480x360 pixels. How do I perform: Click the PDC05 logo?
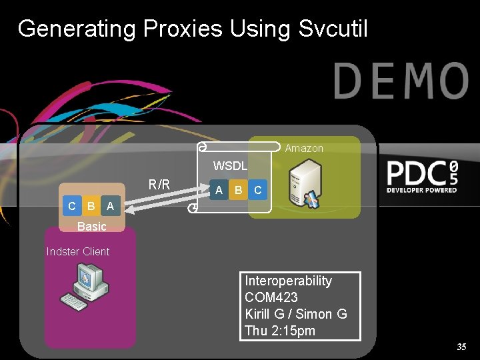(x=423, y=176)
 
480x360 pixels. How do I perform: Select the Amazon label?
(x=304, y=149)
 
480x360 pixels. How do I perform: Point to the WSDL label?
(x=230, y=165)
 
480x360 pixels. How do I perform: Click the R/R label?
(x=159, y=185)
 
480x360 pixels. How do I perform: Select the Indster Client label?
(x=78, y=251)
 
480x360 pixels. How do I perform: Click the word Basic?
(x=91, y=226)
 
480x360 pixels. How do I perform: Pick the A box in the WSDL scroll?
(x=219, y=191)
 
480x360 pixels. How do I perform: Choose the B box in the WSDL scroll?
(x=238, y=191)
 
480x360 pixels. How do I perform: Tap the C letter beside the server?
(x=258, y=191)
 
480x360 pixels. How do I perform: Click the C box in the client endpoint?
(x=72, y=207)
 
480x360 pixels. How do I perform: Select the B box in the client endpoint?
(x=91, y=207)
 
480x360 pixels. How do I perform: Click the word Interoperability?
(x=288, y=281)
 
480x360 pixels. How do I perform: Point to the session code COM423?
(x=271, y=297)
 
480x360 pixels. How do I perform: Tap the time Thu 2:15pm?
(x=280, y=331)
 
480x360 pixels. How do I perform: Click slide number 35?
(x=461, y=347)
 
